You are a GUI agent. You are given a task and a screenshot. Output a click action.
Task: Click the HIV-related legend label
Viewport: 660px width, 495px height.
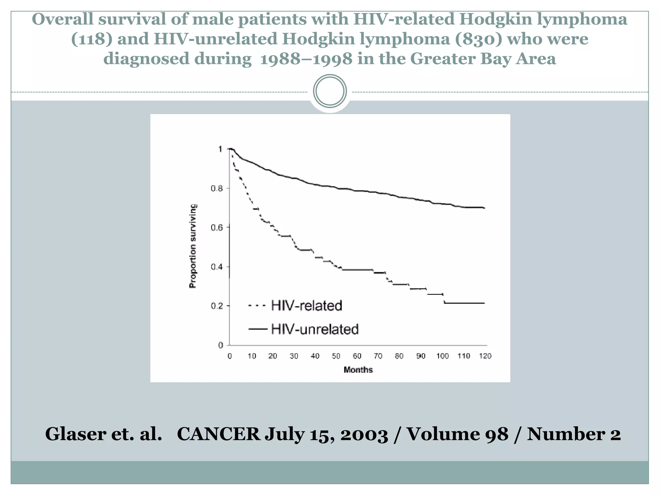pos(306,306)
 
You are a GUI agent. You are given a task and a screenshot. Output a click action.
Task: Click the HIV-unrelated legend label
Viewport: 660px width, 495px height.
pos(315,329)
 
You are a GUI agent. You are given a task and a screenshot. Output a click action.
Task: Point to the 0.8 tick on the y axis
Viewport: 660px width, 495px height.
pos(217,189)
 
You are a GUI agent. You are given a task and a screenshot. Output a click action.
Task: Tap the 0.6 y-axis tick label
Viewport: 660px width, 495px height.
pos(217,228)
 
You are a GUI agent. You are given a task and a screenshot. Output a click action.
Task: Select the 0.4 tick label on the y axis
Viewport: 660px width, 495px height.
pos(217,267)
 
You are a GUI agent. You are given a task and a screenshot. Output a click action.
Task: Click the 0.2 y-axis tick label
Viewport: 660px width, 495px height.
pos(217,306)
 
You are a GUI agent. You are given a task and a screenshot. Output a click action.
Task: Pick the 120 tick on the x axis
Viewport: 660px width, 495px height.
pos(485,356)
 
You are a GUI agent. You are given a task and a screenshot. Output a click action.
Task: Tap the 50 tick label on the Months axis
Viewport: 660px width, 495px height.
pos(336,356)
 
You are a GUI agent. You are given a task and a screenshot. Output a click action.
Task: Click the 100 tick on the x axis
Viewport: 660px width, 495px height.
pos(442,356)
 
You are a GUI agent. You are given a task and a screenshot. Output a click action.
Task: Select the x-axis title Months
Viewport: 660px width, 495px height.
pos(358,370)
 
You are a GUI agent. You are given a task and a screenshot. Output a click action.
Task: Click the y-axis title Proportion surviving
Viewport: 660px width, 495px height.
pos(193,246)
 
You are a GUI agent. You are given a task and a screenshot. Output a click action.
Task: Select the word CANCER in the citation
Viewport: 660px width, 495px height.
pos(218,434)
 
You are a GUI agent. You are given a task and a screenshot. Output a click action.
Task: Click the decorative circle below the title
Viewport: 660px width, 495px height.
pos(330,91)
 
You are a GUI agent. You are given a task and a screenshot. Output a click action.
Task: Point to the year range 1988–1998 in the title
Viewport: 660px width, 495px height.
pos(306,59)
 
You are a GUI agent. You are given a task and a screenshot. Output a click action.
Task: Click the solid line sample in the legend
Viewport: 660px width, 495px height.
pos(258,329)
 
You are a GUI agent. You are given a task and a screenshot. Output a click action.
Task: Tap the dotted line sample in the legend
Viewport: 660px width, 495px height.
pos(257,305)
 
